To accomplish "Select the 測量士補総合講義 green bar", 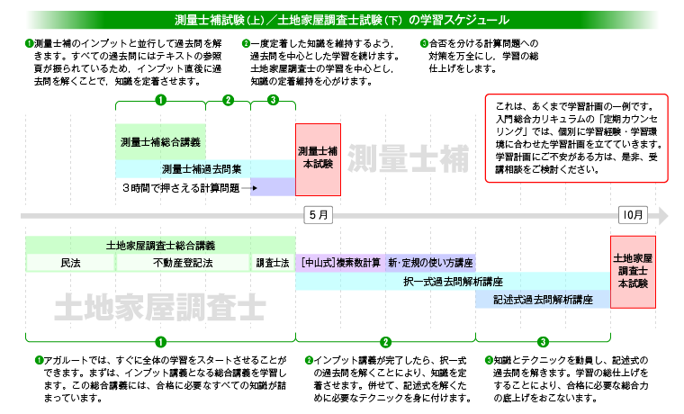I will click(x=160, y=142).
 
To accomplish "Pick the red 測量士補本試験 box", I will click(x=318, y=157).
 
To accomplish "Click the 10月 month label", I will click(x=633, y=216).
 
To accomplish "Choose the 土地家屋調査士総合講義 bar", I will click(x=160, y=245).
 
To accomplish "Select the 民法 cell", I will click(x=70, y=263).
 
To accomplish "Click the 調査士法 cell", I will click(x=272, y=263).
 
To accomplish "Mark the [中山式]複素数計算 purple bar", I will click(x=341, y=263).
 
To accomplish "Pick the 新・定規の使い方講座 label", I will click(x=430, y=263).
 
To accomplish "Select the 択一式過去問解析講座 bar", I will click(x=453, y=281).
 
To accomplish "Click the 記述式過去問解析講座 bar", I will click(x=543, y=299).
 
